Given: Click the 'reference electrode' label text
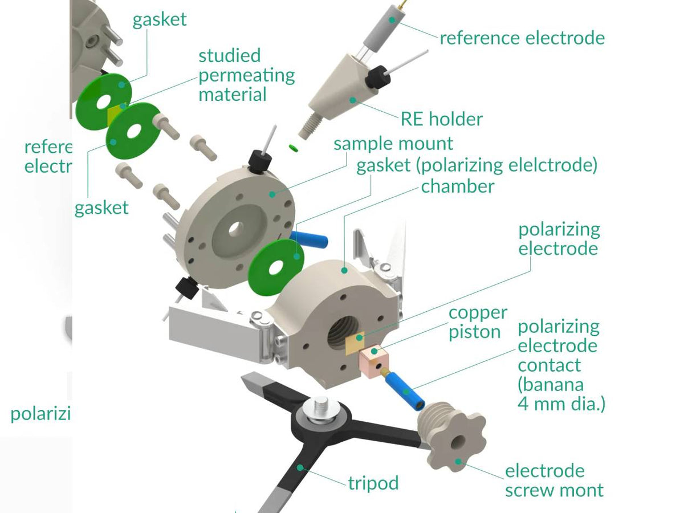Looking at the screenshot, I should [522, 38].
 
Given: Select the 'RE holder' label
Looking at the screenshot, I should [442, 119].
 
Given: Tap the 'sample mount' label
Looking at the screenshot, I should [393, 143].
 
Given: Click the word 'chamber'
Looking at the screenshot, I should [458, 186].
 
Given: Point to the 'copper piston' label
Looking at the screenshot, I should [478, 322].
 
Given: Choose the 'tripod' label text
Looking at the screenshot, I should [373, 483].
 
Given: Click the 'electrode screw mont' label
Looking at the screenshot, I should [553, 481].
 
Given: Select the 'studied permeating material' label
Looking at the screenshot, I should [246, 75].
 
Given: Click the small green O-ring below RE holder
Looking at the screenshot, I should [294, 148].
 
